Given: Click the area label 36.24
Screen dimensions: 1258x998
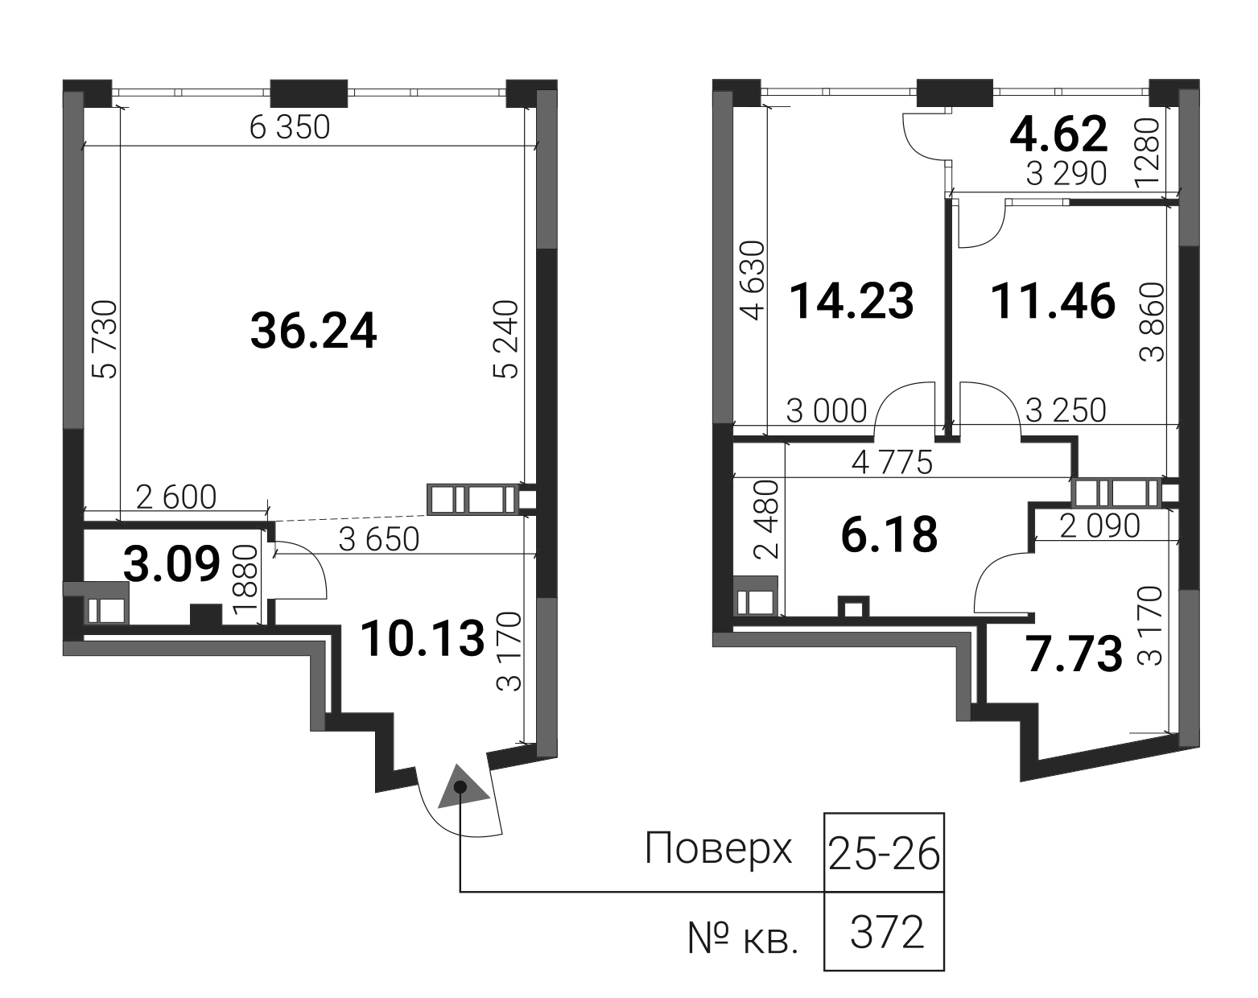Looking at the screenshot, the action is (x=313, y=332).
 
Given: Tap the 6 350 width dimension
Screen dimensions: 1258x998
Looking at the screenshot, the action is (x=290, y=127).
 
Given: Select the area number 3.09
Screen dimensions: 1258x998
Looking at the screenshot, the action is (x=172, y=564).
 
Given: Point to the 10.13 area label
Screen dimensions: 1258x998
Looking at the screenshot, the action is (x=423, y=638).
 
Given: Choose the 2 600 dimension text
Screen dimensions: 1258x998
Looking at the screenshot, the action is (x=176, y=497).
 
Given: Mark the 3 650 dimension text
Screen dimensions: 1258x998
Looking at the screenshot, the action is (x=379, y=539).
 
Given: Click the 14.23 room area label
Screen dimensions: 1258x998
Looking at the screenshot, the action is (x=851, y=301).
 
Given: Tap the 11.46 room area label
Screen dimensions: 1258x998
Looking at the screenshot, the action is (x=1054, y=302).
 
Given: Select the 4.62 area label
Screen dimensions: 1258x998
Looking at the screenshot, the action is (x=1058, y=134).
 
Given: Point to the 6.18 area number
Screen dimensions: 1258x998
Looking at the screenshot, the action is (x=889, y=534).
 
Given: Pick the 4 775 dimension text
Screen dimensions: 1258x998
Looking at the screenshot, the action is (x=892, y=464).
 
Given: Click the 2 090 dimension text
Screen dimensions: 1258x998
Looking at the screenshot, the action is (x=1099, y=526).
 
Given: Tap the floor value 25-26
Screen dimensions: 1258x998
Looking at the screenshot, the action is (x=884, y=854).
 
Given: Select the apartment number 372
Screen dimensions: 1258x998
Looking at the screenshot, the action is (x=887, y=933).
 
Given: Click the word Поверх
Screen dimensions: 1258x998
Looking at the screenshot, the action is (x=719, y=849).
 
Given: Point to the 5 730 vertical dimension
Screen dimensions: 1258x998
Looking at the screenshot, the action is (x=105, y=340).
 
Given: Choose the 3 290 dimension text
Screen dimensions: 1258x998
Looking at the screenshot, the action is (x=1066, y=173).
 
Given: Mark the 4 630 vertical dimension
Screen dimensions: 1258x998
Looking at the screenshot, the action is (x=753, y=281).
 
